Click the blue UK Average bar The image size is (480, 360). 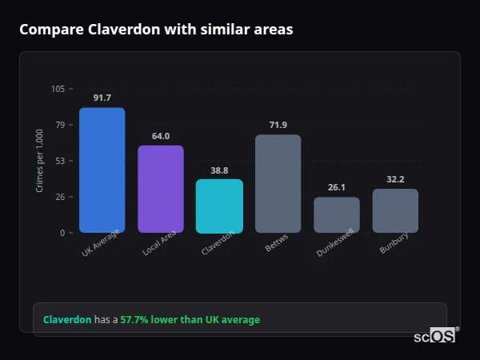tap(102, 170)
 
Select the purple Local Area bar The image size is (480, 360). tap(161, 190)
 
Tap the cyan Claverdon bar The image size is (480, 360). tap(219, 206)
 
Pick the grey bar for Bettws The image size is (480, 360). tap(278, 184)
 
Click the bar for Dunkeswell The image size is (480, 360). tap(337, 215)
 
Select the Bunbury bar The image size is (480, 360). tap(395, 211)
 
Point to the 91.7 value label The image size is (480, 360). tap(102, 98)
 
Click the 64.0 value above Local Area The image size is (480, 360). tap(161, 136)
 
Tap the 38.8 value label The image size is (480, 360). tap(219, 170)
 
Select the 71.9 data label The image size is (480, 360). tap(278, 125)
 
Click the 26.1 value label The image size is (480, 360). tap(337, 187)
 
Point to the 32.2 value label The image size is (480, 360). tap(395, 179)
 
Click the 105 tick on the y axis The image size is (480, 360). tap(58, 89)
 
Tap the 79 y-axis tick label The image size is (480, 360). tap(59, 125)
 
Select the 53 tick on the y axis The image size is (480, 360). tap(59, 161)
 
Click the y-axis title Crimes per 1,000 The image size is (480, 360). tap(39, 161)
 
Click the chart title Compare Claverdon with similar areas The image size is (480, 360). tap(156, 30)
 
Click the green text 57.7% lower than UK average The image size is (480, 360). tap(190, 320)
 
